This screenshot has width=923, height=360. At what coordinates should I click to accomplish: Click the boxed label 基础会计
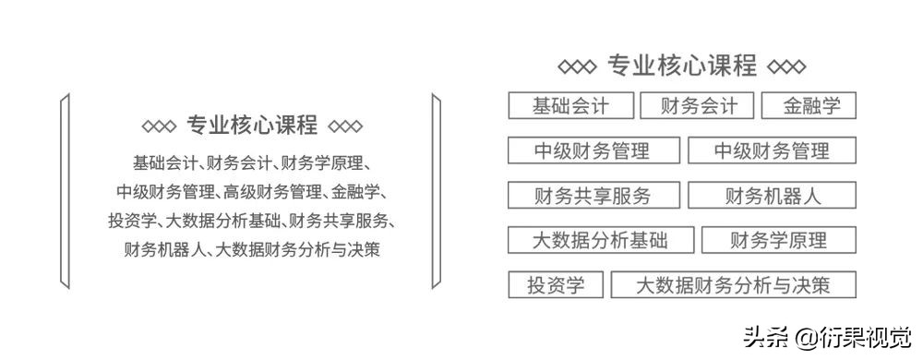(x=570, y=105)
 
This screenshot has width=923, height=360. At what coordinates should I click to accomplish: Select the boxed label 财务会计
(x=697, y=105)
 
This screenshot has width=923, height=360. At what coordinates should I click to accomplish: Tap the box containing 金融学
(x=809, y=105)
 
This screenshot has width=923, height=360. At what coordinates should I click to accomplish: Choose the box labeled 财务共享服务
(x=593, y=196)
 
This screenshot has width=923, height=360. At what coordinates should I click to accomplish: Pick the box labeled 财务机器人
(x=772, y=196)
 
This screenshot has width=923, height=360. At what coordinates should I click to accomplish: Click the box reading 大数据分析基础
(x=600, y=241)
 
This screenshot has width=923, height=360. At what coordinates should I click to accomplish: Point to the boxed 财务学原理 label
(x=778, y=241)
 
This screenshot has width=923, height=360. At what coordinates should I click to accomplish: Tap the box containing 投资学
(x=556, y=285)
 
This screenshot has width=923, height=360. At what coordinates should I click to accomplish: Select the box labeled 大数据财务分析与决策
(x=733, y=285)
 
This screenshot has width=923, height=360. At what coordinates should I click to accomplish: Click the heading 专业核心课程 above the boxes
(x=682, y=66)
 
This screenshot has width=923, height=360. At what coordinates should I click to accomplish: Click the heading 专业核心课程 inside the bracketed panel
(x=252, y=126)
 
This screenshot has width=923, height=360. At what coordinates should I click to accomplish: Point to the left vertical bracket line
(x=64, y=189)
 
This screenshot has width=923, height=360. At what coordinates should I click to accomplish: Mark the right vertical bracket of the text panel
(x=434, y=189)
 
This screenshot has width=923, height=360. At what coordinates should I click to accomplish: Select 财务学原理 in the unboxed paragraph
(x=324, y=163)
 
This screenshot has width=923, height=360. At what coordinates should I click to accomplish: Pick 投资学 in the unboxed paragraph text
(x=130, y=221)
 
